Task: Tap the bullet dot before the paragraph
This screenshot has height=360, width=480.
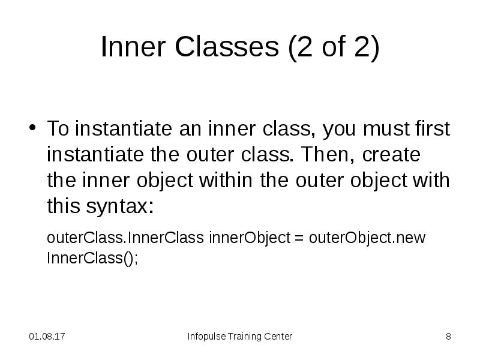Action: [x=34, y=129]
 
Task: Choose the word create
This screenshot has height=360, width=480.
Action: [x=390, y=154]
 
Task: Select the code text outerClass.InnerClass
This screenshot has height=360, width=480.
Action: [x=126, y=238]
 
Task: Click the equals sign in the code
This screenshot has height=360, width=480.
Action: [x=299, y=238]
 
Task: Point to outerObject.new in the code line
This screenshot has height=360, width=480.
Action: [x=367, y=238]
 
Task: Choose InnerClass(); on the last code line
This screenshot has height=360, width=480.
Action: [x=92, y=259]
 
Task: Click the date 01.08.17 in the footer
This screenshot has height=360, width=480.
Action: [x=47, y=337]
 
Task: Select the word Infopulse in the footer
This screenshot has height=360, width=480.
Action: [x=206, y=337]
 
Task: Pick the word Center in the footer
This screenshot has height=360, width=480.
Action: [x=278, y=337]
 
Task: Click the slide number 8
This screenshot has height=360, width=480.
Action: [x=448, y=337]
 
